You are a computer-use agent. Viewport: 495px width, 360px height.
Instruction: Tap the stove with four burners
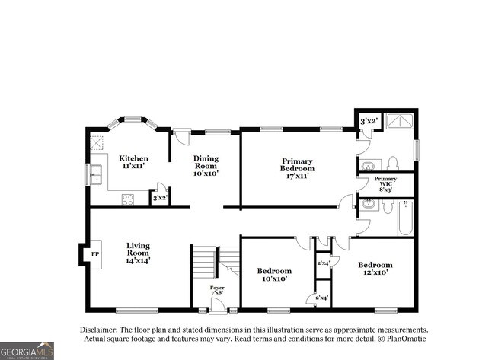(128, 200)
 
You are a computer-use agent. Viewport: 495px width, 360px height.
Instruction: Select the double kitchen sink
(97, 174)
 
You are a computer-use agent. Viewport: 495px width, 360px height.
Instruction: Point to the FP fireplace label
(96, 253)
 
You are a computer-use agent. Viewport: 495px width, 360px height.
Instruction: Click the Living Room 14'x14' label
(138, 253)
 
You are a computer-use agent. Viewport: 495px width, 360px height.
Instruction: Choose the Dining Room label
(205, 166)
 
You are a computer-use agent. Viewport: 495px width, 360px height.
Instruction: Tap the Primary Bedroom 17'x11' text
(297, 168)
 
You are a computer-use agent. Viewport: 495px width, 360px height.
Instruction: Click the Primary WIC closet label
(385, 183)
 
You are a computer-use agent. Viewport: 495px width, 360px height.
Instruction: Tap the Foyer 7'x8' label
(217, 290)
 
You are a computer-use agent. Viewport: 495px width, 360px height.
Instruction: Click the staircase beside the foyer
(204, 263)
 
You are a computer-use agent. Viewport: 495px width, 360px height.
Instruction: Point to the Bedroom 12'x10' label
(375, 269)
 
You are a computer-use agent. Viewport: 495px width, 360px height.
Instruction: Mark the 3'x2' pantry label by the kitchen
(159, 199)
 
